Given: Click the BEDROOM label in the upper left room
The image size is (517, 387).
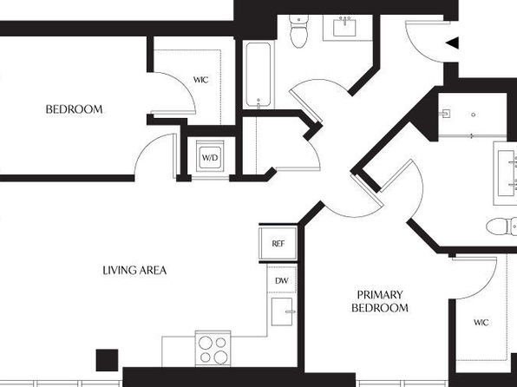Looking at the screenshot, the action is (x=75, y=109).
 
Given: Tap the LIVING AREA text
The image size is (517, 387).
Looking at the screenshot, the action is (x=134, y=271).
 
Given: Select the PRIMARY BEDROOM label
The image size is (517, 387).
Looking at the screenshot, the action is (x=380, y=301).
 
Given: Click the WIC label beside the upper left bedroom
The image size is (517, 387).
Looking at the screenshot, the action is (x=200, y=80).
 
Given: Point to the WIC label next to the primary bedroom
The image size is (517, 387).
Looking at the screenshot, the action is (x=481, y=322).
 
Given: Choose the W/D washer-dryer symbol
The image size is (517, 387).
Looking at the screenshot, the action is (x=210, y=157).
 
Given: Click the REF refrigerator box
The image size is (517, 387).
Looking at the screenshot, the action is (x=278, y=244).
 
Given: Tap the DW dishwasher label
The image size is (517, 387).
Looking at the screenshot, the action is (x=282, y=281).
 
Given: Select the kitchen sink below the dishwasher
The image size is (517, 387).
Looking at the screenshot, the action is (x=282, y=312).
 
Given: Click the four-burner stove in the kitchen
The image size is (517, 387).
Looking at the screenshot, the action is (x=213, y=349).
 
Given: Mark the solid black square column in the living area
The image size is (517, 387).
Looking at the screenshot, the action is (x=107, y=360).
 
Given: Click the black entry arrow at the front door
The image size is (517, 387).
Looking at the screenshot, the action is (x=452, y=43).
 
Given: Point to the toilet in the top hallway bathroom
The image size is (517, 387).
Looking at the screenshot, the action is (x=299, y=31).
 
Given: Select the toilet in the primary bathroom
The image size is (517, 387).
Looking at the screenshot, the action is (x=501, y=226).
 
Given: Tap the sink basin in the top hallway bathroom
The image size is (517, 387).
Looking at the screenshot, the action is (x=344, y=28).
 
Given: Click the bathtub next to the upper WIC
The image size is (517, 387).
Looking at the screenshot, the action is (x=258, y=75).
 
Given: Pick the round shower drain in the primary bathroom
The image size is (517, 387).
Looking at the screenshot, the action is (x=473, y=115).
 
